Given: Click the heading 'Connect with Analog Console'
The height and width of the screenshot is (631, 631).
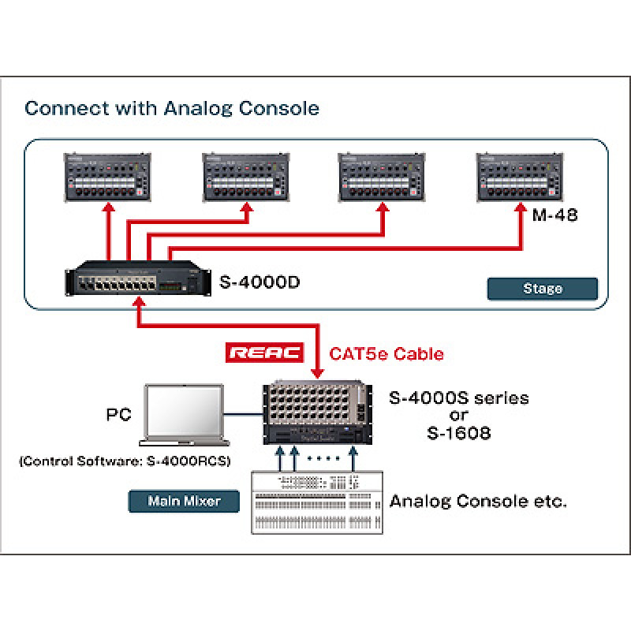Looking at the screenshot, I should tap(172, 108).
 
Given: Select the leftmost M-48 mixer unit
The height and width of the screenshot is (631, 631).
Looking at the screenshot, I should tap(106, 178).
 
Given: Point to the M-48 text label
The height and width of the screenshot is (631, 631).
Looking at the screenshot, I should tap(554, 215).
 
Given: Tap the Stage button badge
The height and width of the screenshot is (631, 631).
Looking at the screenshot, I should tap(542, 288).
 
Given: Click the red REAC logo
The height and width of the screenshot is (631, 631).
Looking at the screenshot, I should tap(265, 353).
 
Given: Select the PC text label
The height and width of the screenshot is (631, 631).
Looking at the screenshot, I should tap(119, 415).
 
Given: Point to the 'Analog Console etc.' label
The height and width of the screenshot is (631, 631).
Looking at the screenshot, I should tap(478, 501).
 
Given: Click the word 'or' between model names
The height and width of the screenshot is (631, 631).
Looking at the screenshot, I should tap(458, 416).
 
